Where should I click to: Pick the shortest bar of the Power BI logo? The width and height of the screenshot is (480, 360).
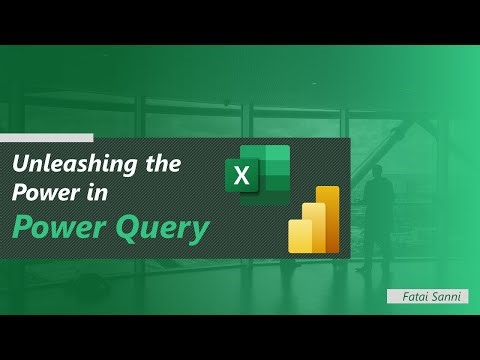(297, 241)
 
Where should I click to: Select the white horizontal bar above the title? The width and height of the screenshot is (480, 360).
(47, 138)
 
